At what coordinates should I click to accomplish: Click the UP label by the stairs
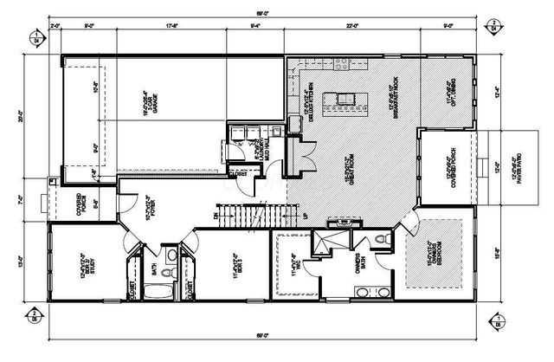point(303,216)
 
